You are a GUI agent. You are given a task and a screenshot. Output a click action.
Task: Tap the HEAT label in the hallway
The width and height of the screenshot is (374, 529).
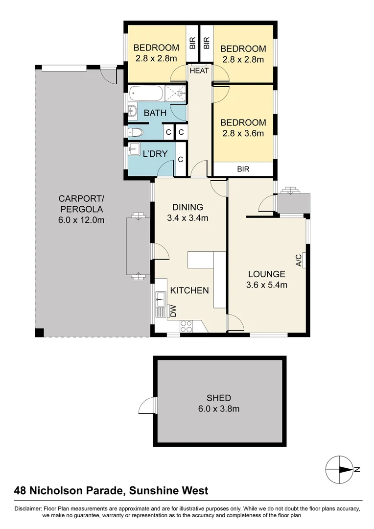pyautogui.click(x=199, y=71)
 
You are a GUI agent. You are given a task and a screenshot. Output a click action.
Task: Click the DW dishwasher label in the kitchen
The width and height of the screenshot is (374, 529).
pyautogui.click(x=172, y=310)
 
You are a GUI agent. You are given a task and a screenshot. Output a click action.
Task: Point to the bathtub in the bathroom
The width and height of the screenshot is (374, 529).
pyautogui.click(x=145, y=93)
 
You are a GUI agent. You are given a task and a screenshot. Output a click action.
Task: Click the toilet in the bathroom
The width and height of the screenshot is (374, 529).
pyautogui.click(x=135, y=132)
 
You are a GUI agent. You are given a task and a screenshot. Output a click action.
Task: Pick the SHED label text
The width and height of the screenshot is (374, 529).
pyautogui.click(x=219, y=398)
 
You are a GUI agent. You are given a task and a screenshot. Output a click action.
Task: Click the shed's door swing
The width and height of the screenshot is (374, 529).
pyautogui.click(x=147, y=406)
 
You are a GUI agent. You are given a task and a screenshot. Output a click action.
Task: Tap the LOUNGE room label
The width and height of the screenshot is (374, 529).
pyautogui.click(x=266, y=274)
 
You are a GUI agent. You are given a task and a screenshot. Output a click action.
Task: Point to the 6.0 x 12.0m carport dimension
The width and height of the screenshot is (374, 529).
pyautogui.click(x=81, y=220)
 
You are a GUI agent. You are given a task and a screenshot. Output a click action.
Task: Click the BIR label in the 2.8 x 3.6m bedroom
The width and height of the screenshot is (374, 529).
pyautogui.click(x=243, y=169)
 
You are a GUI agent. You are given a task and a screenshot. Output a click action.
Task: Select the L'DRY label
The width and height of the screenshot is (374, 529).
pyautogui.click(x=155, y=154)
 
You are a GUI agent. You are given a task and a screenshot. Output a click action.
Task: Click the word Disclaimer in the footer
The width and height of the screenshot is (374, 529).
pyautogui.click(x=29, y=509)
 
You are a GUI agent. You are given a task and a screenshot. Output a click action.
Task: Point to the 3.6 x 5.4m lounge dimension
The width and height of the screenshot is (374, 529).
pyautogui.click(x=266, y=285)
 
